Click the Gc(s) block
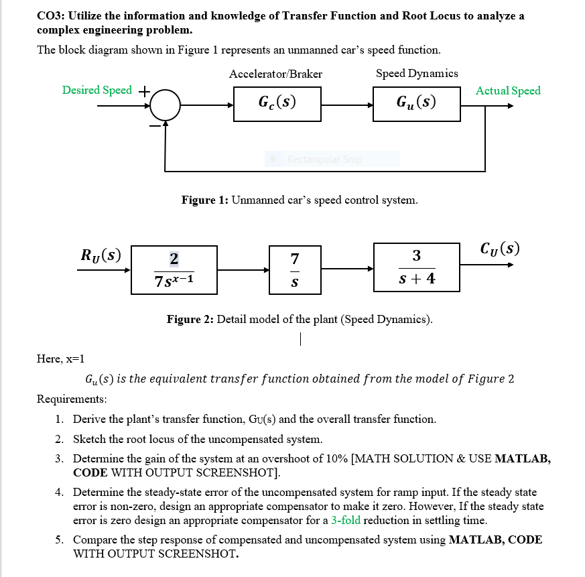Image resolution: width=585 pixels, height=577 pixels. coord(277,104)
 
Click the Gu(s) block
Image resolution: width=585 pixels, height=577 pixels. coord(416,104)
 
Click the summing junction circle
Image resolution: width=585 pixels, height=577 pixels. coord(165,105)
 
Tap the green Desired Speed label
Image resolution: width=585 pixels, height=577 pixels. coord(97,90)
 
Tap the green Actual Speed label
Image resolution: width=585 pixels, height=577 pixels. coord(508,90)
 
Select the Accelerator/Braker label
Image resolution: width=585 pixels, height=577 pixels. coord(275,74)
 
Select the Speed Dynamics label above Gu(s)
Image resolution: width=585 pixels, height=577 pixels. coord(417,73)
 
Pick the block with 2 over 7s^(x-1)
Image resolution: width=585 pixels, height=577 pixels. coord(174,269)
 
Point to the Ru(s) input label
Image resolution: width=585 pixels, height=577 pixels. coord(101,255)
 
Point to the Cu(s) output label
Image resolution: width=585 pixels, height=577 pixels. coord(499,247)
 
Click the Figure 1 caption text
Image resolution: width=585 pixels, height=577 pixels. coord(300,200)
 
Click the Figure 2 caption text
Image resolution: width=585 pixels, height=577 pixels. coord(300,319)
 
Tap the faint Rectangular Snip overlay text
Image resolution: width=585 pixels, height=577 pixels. coord(324,159)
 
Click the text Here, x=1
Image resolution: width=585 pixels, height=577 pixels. coord(60,359)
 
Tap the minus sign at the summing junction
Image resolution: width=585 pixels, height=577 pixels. coord(154,125)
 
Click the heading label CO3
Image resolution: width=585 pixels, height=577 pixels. coord(50,16)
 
